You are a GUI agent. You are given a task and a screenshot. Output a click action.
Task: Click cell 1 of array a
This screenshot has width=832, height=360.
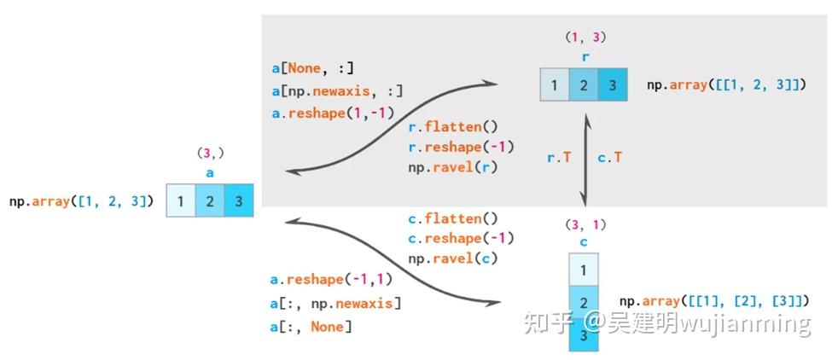click(181, 201)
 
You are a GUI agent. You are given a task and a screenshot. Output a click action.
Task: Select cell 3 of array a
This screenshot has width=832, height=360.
click(239, 201)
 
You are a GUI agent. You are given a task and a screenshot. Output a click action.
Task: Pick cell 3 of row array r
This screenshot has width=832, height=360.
click(612, 85)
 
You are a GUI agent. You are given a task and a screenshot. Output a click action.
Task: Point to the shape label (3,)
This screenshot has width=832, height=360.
click(209, 154)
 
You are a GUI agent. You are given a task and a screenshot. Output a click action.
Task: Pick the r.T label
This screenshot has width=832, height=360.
click(559, 157)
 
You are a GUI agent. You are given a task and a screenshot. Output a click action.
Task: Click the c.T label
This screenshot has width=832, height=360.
click(609, 157)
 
